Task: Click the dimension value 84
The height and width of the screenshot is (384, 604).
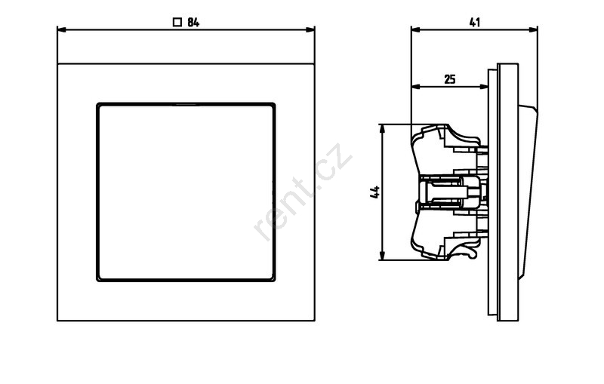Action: (193, 23)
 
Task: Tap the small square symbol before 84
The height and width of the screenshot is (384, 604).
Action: (177, 23)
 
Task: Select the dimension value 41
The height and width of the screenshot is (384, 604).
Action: (475, 23)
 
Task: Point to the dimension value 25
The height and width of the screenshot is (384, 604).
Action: (450, 80)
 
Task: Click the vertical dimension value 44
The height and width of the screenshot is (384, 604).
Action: (374, 192)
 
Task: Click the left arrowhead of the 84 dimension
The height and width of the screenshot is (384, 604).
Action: (62, 29)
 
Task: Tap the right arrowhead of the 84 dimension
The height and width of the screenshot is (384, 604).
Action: (310, 29)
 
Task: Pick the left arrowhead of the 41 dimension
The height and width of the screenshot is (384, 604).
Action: (416, 29)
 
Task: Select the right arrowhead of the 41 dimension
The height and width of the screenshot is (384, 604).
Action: (533, 29)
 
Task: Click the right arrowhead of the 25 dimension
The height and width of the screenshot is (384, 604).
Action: (483, 87)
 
